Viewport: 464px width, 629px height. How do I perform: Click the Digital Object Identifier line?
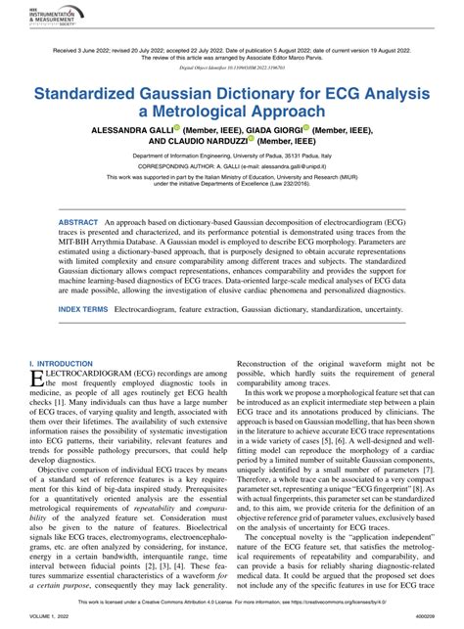coord(231,69)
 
